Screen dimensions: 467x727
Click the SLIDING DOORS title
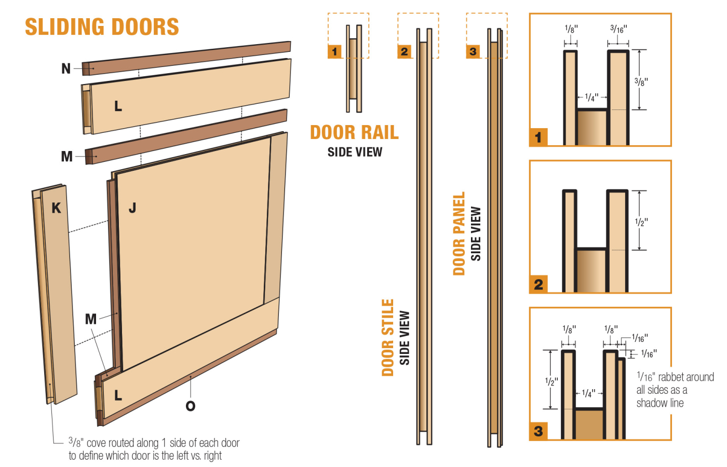tap(102, 27)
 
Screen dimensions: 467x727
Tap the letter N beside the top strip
tap(66, 68)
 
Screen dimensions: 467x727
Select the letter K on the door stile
tap(56, 208)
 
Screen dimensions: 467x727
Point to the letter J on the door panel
tap(132, 208)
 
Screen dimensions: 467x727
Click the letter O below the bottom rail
tap(191, 406)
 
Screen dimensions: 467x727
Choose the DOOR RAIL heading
tap(354, 132)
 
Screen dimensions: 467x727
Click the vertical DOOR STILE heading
tap(388, 337)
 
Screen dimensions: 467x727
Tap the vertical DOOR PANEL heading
tap(459, 233)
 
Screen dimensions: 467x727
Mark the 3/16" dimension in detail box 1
tap(618, 29)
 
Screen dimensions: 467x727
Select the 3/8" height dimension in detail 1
tap(641, 82)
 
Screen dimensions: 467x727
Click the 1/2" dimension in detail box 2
tap(641, 222)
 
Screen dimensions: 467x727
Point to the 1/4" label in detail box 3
tap(588, 393)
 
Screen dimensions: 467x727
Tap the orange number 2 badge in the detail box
tap(538, 284)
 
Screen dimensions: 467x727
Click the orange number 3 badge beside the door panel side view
tap(473, 51)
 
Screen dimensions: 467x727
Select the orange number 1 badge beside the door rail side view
tap(334, 51)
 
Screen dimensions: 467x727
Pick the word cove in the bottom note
tap(96, 443)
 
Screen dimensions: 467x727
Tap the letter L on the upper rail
tap(118, 106)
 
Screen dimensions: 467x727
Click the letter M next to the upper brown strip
tap(66, 156)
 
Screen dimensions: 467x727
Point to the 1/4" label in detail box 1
tap(591, 97)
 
